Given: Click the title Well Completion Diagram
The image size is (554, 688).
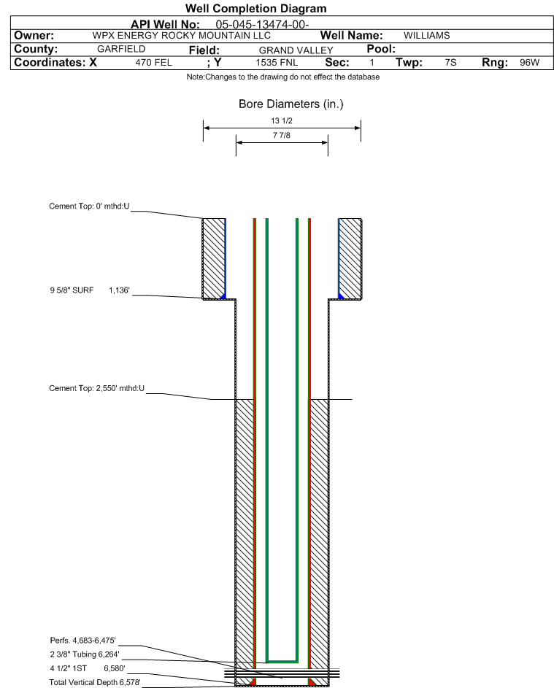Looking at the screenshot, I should tap(255, 9).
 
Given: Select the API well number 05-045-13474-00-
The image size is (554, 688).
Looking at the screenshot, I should tap(263, 24).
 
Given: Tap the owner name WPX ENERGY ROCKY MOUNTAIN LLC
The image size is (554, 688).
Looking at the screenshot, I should tap(182, 36).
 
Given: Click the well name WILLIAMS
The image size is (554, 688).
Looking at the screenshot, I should tap(426, 36).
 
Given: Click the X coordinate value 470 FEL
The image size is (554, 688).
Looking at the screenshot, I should tap(153, 63).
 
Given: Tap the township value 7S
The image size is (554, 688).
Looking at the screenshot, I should tap(450, 63).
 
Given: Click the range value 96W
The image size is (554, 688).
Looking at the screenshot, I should tap(529, 63).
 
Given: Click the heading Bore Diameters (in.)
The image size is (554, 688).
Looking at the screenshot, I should tap(291, 104).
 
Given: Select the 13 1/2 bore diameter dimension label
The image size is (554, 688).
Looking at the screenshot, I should tap(282, 121).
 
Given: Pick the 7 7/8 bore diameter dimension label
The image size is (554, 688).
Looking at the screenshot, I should tap(282, 136).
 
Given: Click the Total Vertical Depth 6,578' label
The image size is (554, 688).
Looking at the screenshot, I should tap(95, 682).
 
